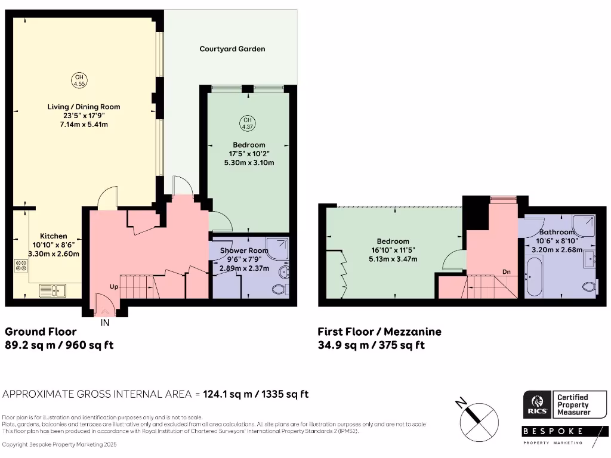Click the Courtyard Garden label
pyautogui.click(x=232, y=49)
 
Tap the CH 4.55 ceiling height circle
pyautogui.click(x=78, y=80)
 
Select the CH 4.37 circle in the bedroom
pyautogui.click(x=246, y=123)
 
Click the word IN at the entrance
pyautogui.click(x=105, y=323)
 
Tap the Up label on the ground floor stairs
pyautogui.click(x=113, y=287)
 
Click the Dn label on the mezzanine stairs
pyautogui.click(x=507, y=272)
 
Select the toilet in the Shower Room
pyautogui.click(x=279, y=290)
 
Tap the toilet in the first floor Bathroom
pyautogui.click(x=591, y=286)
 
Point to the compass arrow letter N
pyautogui.click(x=461, y=403)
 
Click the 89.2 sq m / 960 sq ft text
pyautogui.click(x=59, y=345)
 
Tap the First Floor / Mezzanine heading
pyautogui.click(x=379, y=332)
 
